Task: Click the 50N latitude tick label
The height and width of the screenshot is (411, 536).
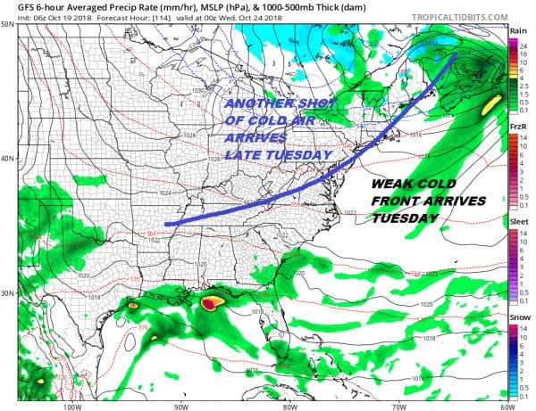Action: tap(8, 24)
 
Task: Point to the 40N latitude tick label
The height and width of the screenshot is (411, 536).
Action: tap(8, 159)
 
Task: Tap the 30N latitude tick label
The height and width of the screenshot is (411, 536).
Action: tap(8, 293)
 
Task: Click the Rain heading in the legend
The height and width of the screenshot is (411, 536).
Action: tap(517, 29)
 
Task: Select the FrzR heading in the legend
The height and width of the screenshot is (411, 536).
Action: tap(517, 127)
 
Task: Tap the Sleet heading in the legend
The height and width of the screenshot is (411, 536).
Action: tap(518, 228)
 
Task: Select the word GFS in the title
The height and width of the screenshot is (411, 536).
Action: tap(14, 5)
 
